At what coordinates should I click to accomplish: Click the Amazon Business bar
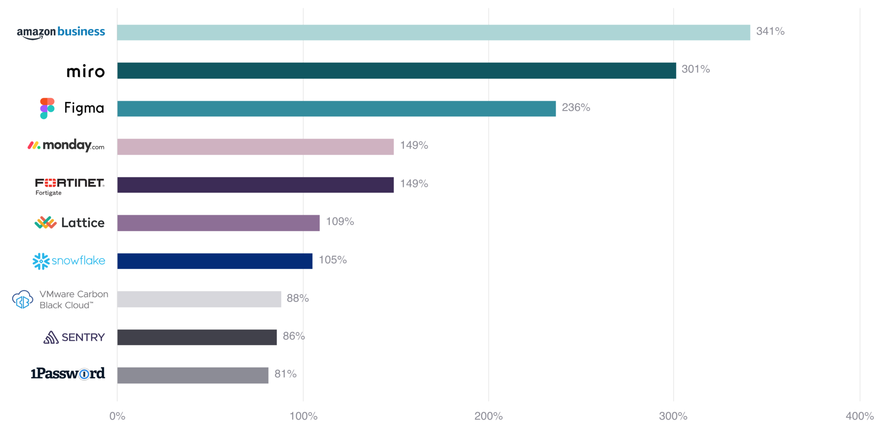433,32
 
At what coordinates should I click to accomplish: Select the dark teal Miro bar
396,70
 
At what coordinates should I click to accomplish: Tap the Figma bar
336,108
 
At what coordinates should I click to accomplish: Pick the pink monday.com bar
255,147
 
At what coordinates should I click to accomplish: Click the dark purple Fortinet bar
255,185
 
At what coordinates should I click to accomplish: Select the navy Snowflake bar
215,261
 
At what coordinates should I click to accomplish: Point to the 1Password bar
193,375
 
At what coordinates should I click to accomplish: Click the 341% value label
770,31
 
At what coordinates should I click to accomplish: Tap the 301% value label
695,69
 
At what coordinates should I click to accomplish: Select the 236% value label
576,107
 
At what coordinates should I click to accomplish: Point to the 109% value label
340,221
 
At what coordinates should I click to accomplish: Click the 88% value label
298,298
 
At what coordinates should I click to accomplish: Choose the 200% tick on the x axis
488,416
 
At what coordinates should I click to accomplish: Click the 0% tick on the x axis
117,416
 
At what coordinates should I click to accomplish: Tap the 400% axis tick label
859,416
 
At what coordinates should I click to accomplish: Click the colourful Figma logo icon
47,108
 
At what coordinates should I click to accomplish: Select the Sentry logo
74,337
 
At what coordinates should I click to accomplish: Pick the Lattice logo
69,222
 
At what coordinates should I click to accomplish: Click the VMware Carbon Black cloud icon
23,299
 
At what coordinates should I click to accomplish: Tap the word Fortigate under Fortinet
49,193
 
